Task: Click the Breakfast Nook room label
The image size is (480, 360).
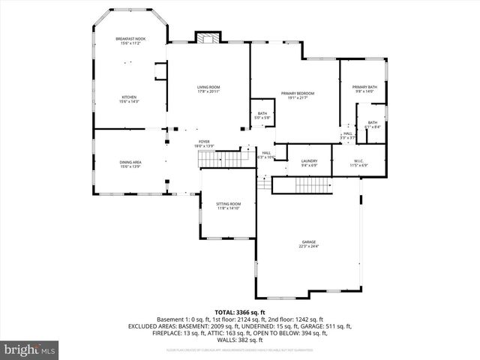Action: click(x=130, y=41)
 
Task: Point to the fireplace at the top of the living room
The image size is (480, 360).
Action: click(x=208, y=37)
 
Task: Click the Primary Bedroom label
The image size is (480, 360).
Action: click(x=298, y=94)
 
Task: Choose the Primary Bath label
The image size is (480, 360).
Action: click(x=364, y=88)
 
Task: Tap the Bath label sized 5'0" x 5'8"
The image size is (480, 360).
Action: click(x=262, y=115)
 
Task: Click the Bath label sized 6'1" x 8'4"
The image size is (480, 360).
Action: click(x=373, y=124)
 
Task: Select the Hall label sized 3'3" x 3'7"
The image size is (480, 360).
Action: click(x=348, y=136)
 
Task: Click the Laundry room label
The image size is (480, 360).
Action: click(x=310, y=163)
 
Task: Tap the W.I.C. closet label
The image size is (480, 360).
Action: click(x=358, y=163)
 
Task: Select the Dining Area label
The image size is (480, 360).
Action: click(x=130, y=163)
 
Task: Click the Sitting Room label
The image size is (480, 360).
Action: click(x=229, y=205)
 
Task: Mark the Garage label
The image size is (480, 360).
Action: click(x=309, y=244)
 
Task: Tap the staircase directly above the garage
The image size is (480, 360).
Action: click(x=302, y=185)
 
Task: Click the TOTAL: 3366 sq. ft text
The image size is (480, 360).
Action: click(x=240, y=311)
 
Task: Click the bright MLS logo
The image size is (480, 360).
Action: click(x=30, y=349)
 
